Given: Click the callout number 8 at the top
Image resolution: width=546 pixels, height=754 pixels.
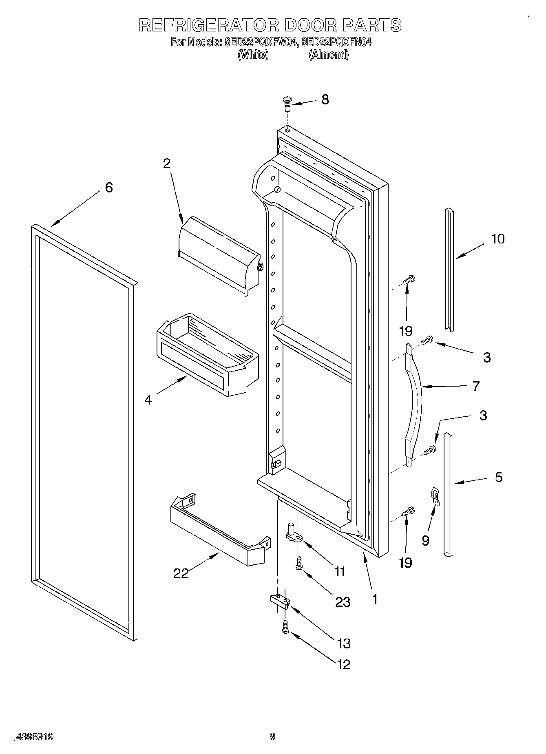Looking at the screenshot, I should click(x=325, y=100).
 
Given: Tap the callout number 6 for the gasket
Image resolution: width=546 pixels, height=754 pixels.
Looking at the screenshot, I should click(x=108, y=188).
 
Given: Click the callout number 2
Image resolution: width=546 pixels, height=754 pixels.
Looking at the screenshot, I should click(x=166, y=163).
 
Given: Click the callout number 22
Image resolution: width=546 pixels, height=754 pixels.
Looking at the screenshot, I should click(x=181, y=573).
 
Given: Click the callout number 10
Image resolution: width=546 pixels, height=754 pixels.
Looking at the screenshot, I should click(x=497, y=239).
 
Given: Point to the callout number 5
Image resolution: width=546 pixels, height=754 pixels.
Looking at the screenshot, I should click(x=499, y=477).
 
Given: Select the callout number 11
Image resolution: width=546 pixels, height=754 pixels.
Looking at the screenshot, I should click(x=339, y=571).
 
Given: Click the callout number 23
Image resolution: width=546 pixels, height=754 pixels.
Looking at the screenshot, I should click(x=343, y=601).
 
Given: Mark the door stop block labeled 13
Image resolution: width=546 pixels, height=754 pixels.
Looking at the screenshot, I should click(x=280, y=600).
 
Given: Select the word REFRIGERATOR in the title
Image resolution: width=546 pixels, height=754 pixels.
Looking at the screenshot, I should click(x=209, y=25).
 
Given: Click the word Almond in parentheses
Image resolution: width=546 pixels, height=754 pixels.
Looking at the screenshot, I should click(x=328, y=54).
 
